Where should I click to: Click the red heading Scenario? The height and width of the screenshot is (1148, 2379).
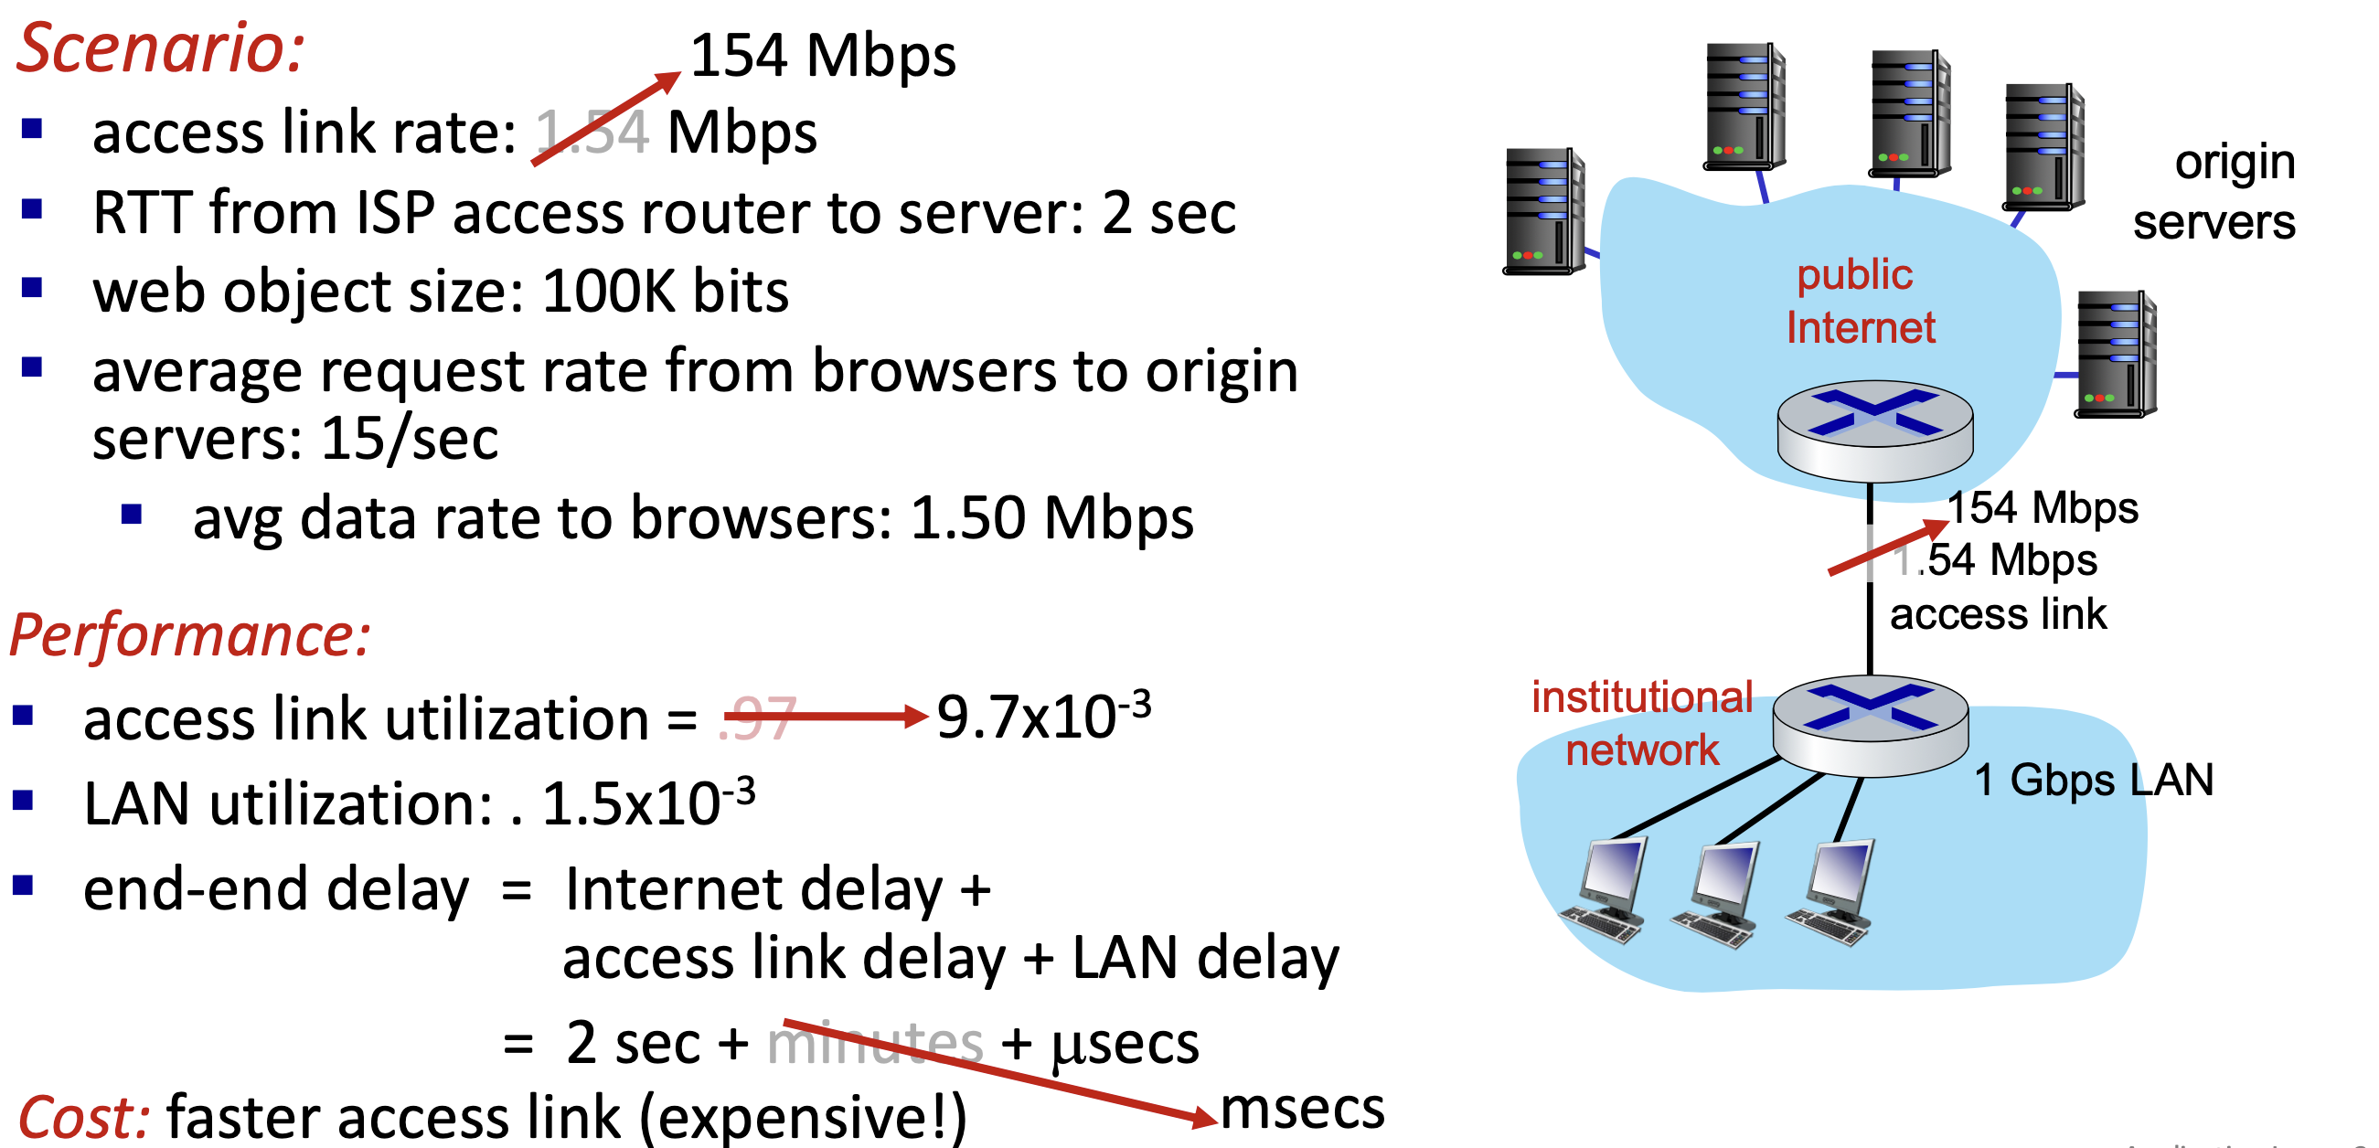point(160,48)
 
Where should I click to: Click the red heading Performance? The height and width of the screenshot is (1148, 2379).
point(190,635)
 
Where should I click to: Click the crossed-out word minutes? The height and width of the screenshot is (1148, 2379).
point(875,1044)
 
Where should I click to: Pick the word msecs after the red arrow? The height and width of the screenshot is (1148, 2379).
point(1302,1108)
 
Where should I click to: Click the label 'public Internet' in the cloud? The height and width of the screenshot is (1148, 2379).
point(1858,301)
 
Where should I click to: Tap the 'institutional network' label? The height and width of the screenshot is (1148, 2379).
point(1641,723)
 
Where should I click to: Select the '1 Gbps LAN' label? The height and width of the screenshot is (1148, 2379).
point(2093,781)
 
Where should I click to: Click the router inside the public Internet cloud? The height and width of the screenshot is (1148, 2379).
point(1874,430)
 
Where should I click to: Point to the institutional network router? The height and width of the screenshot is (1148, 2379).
point(1870,725)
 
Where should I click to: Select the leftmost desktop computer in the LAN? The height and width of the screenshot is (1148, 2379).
point(1606,889)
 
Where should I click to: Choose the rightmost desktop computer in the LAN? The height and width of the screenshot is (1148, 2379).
point(1833,891)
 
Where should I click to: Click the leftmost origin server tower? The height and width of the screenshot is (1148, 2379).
point(1543,211)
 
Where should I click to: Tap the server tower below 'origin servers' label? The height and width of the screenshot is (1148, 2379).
point(2115,354)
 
